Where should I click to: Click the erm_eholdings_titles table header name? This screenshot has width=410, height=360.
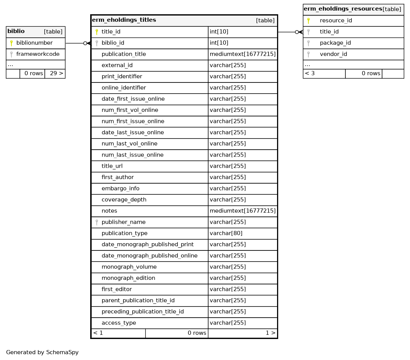[124, 20]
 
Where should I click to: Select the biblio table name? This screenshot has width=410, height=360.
[16, 31]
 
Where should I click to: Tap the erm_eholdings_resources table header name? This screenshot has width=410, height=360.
[343, 9]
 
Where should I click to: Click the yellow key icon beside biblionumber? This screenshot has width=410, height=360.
[11, 43]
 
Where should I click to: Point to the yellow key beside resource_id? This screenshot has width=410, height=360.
[308, 21]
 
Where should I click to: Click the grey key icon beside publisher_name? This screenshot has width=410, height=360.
[97, 222]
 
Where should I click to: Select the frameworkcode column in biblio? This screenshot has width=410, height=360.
[38, 54]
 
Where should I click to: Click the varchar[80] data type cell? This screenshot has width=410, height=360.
[226, 233]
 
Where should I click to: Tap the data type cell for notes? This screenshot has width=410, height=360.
[242, 211]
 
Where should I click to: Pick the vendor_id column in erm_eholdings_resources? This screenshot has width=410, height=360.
[333, 54]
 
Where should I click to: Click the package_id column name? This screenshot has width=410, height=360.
[335, 43]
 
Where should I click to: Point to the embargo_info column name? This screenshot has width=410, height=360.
[120, 189]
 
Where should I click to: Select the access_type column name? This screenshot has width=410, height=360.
[118, 323]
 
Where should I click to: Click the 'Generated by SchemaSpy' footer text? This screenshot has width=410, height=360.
[42, 352]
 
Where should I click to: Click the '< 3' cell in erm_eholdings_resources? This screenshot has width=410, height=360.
[310, 73]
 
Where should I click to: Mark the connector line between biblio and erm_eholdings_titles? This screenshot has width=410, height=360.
[75, 44]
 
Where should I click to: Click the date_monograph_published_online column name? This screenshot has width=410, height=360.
[149, 256]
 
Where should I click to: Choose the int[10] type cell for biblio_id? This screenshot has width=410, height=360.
[219, 43]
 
